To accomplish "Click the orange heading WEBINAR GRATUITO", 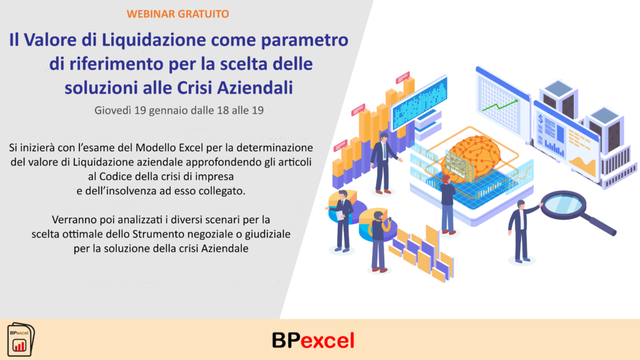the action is click(x=177, y=14).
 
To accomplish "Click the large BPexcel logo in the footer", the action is click(x=313, y=341).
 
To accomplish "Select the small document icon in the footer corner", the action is click(x=21, y=339).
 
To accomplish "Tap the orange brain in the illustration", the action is click(x=471, y=156).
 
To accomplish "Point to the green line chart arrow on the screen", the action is click(x=500, y=105).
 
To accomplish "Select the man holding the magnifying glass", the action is click(x=522, y=231).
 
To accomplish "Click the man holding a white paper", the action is click(x=341, y=221).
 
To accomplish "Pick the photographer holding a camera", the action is click(x=379, y=241).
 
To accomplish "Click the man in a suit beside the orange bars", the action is click(x=384, y=163).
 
